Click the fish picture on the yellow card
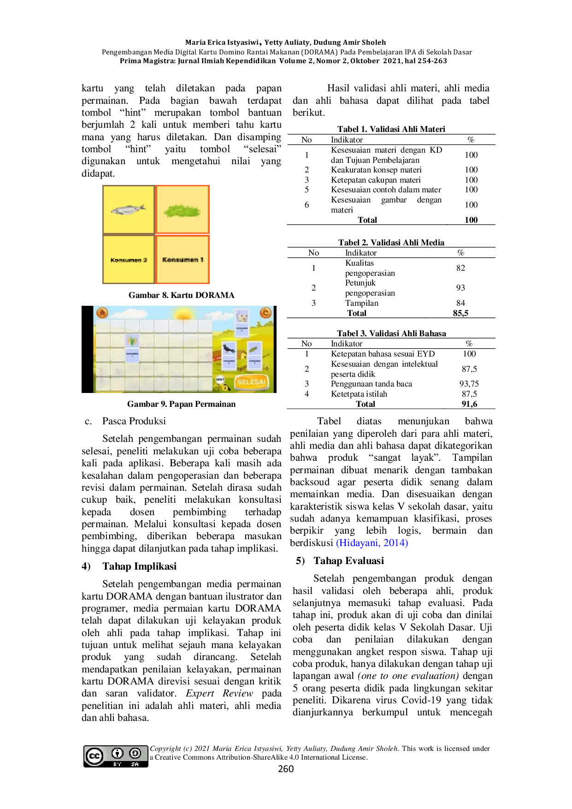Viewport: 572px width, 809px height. [x=128, y=210]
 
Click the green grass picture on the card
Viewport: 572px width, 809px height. [x=183, y=211]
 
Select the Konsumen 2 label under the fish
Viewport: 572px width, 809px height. [x=129, y=260]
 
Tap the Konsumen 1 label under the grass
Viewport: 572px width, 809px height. [x=183, y=260]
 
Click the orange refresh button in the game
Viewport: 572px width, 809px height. [x=265, y=313]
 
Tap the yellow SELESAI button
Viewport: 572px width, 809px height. [x=251, y=382]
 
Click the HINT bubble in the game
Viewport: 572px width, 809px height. [x=220, y=380]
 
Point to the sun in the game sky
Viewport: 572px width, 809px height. [x=183, y=315]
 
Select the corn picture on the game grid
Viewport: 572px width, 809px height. [x=132, y=342]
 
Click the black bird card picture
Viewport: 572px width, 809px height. [x=229, y=349]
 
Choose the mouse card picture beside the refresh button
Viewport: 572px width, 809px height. [x=242, y=317]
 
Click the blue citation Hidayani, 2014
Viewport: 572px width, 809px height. [x=372, y=543]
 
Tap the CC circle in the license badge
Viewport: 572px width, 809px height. [x=94, y=756]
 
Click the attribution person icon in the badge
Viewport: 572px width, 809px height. [x=118, y=753]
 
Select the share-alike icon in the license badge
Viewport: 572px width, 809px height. [x=135, y=753]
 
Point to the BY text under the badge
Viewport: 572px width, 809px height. [x=118, y=764]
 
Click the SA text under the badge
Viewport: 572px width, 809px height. [x=135, y=764]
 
